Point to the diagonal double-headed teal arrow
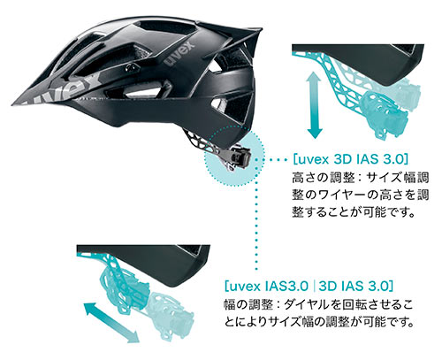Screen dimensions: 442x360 coord(112,323)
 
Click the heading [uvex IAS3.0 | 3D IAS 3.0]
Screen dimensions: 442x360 coord(309,287)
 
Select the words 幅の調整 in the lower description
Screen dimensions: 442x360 coord(248,305)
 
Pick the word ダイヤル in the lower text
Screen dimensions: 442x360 coord(309,305)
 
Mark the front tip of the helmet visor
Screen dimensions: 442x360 coord(13,104)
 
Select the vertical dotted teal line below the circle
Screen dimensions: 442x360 coord(256,228)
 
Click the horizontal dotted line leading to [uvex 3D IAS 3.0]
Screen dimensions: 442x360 coord(271,159)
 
